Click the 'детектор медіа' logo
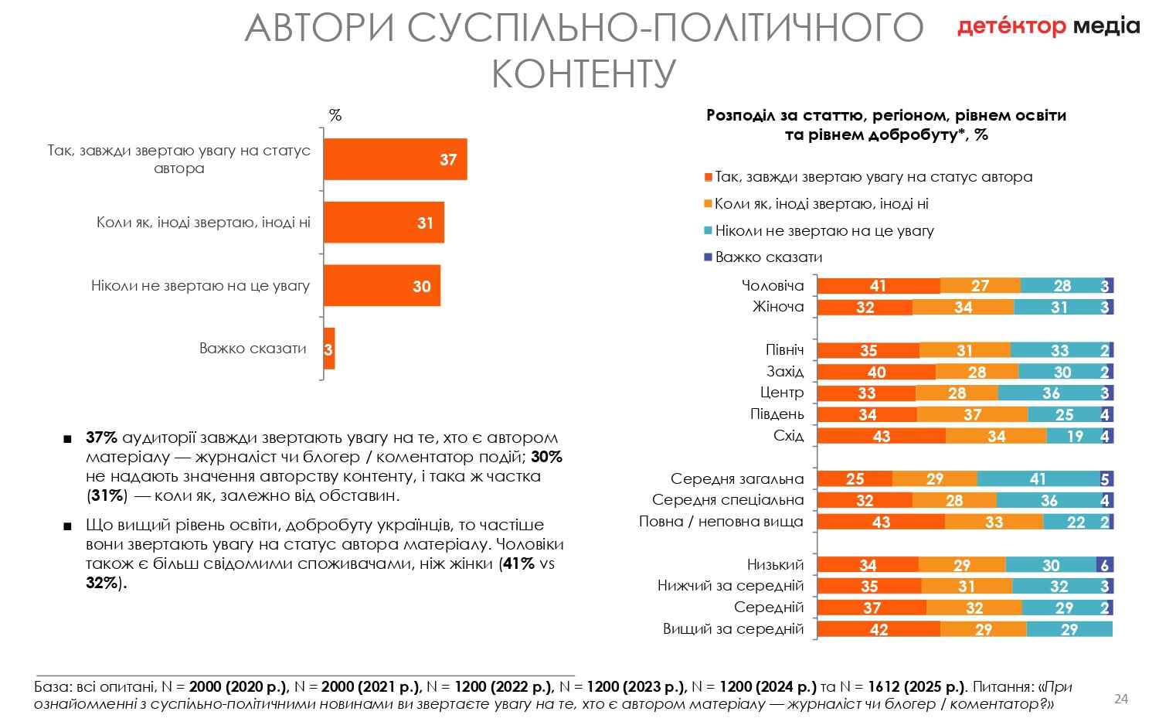pos(1049,26)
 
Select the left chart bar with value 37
pos(395,160)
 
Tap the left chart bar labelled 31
pos(383,223)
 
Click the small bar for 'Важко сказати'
pos(329,349)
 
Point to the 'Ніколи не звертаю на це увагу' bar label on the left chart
pos(200,286)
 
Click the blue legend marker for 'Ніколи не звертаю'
pos(708,230)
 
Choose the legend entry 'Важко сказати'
pos(768,257)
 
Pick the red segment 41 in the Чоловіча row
pos(879,286)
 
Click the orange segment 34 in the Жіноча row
pos(963,308)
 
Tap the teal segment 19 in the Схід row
pos(1074,437)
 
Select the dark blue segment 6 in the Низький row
pos(1104,565)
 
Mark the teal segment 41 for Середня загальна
pos(1038,479)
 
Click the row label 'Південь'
pos(777,414)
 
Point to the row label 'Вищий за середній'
pos(733,629)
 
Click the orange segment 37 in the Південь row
pos(972,415)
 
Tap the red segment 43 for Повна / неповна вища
pos(881,522)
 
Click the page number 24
pos(1121,699)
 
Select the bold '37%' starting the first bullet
pos(101,437)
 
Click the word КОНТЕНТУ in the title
pos(583,74)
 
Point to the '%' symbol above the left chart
pos(335,116)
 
